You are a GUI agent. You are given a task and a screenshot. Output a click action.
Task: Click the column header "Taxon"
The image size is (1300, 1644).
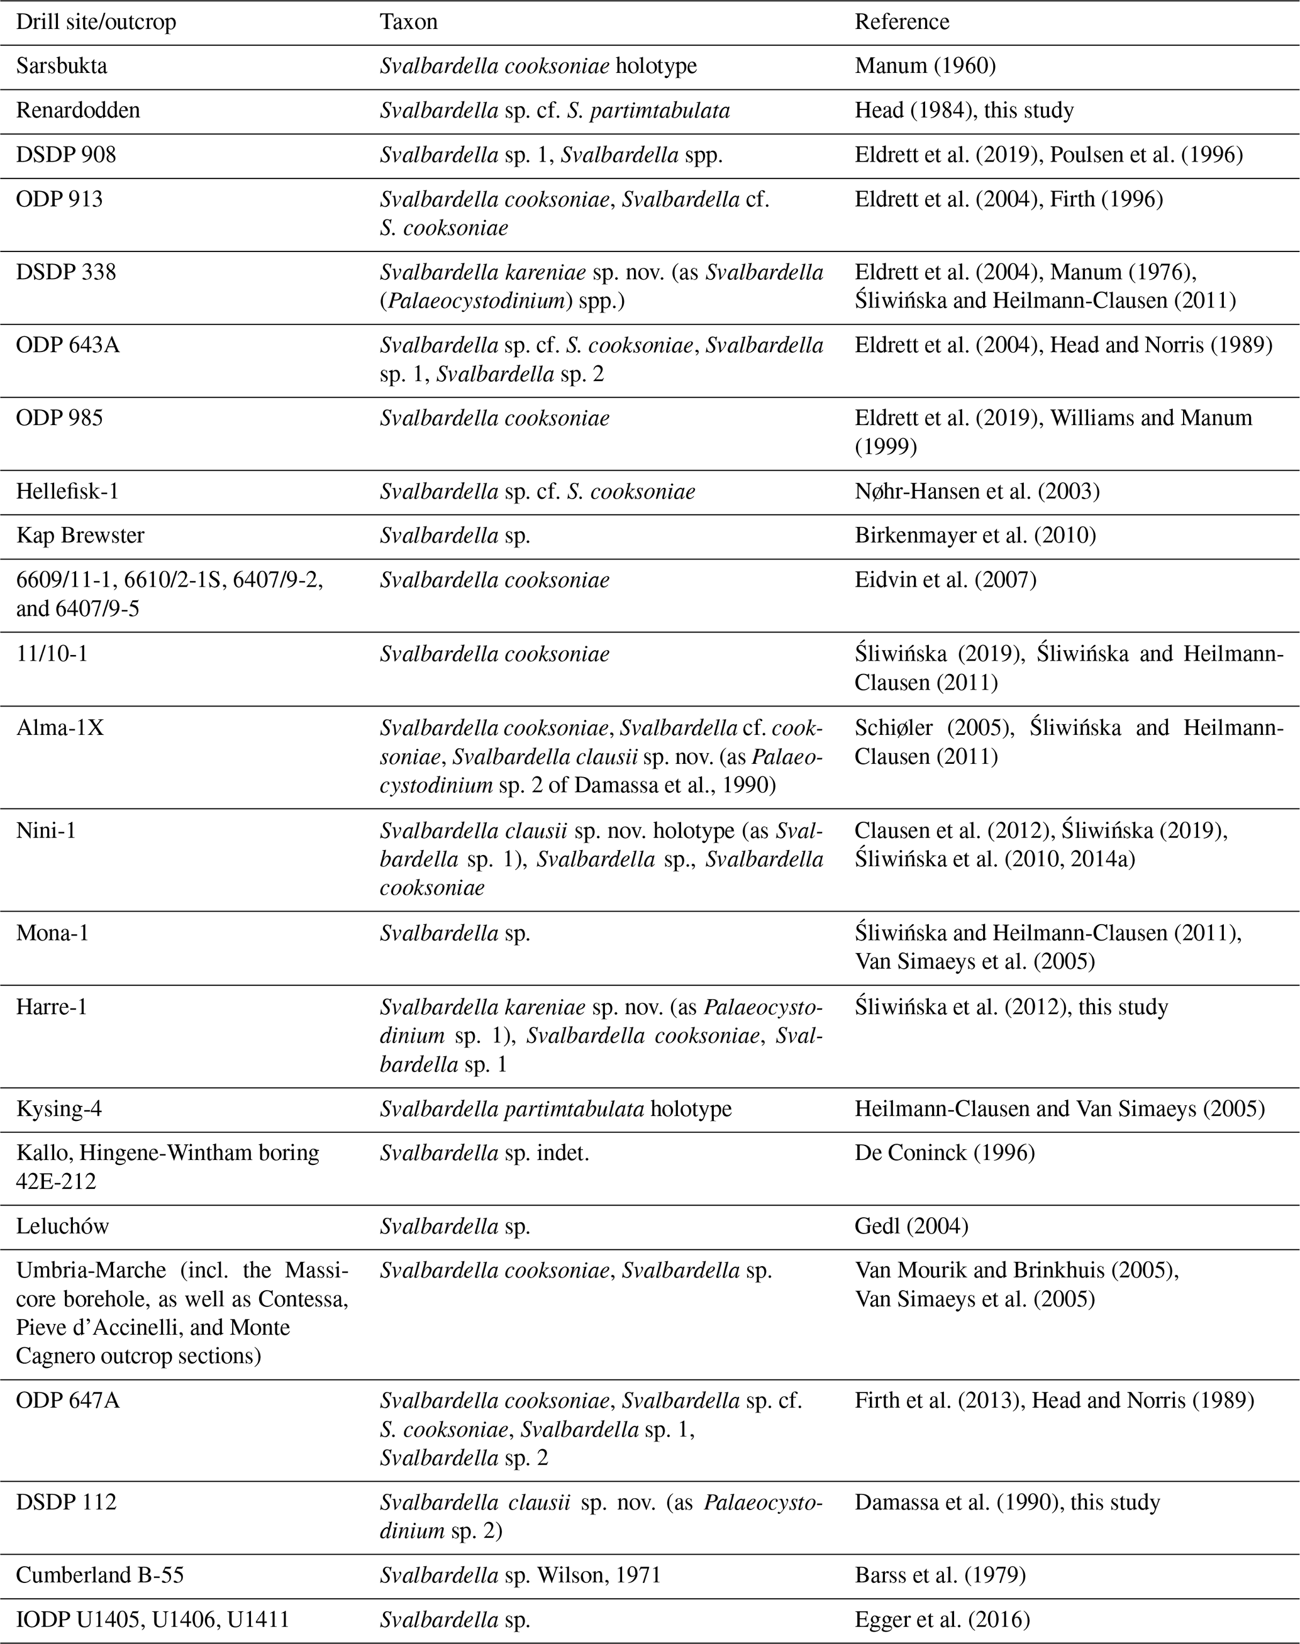(x=409, y=22)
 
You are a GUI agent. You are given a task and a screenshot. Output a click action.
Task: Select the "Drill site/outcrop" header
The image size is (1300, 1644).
(x=96, y=22)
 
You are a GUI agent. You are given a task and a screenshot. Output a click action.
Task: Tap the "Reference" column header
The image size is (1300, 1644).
(x=901, y=22)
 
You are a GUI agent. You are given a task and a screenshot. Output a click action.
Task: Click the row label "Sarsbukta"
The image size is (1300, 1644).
(x=62, y=66)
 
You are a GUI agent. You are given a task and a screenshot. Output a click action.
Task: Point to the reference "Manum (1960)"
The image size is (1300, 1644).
(x=925, y=66)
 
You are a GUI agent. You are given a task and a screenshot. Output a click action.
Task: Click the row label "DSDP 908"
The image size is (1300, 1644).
(x=66, y=155)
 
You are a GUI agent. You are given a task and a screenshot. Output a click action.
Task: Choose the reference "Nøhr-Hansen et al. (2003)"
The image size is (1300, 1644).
(x=977, y=492)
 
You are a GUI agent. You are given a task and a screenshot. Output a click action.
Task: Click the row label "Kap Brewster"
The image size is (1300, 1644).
(x=80, y=536)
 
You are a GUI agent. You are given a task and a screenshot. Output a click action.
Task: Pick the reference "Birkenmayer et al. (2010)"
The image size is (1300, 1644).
(x=975, y=536)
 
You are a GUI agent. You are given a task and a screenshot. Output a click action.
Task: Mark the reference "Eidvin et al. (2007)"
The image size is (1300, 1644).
(x=945, y=580)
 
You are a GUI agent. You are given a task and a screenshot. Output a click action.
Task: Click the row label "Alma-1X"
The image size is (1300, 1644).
(x=59, y=728)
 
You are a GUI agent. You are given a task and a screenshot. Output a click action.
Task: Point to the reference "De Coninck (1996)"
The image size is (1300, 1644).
(x=945, y=1153)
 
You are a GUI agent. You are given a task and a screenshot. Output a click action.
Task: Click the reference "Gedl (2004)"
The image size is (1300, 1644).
(x=911, y=1227)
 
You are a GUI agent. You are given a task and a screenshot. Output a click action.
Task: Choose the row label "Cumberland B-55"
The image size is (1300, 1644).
(x=100, y=1575)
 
